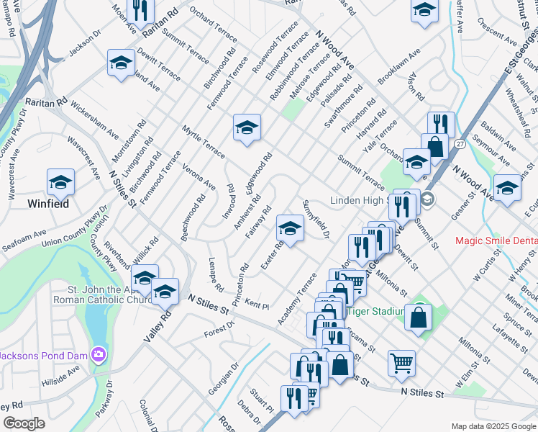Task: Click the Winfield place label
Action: point(48,204)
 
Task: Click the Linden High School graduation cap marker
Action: point(427,199)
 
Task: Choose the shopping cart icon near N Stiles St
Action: point(401,362)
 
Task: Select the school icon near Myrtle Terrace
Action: point(247,127)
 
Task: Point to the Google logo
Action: point(24,423)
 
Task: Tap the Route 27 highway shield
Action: point(460,144)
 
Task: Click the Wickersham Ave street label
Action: point(94,124)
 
